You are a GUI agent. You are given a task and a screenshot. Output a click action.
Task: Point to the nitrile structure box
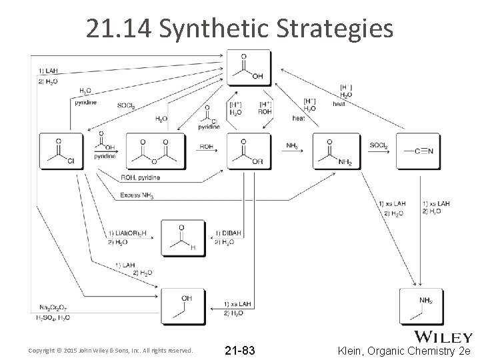pyautogui.click(x=418, y=151)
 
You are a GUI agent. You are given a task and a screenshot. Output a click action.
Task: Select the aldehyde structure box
pyautogui.click(x=182, y=238)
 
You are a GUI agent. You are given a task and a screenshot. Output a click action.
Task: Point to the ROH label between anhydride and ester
pyautogui.click(x=207, y=146)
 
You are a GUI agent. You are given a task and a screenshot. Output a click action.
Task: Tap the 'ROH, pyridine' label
pyautogui.click(x=141, y=179)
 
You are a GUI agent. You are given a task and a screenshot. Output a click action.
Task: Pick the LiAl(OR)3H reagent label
pyautogui.click(x=129, y=233)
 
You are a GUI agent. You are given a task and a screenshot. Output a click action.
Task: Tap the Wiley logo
pyautogui.click(x=443, y=337)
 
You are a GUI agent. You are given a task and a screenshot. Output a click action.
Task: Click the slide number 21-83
pyautogui.click(x=239, y=350)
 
